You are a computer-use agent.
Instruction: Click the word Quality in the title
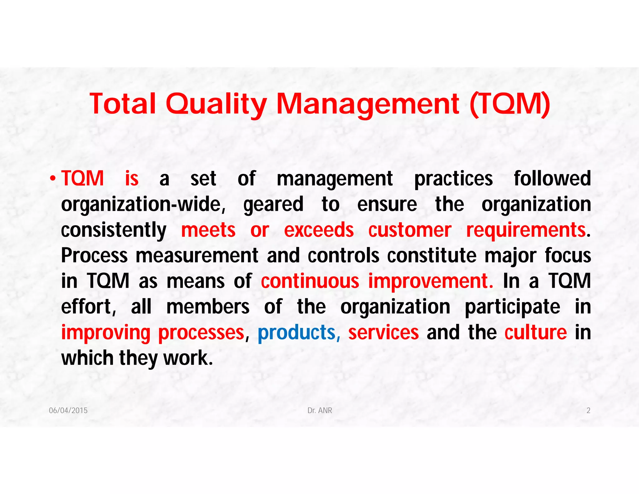[216, 104]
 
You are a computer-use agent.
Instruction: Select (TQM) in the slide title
[510, 104]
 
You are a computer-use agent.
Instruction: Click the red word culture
[535, 332]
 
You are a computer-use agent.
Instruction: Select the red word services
[383, 332]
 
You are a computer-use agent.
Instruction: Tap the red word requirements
[526, 230]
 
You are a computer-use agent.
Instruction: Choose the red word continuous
[310, 281]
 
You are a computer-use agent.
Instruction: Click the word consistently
[114, 230]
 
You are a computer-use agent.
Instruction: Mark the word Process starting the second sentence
[94, 256]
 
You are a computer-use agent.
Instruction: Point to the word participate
[512, 307]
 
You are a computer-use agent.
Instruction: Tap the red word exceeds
[319, 230]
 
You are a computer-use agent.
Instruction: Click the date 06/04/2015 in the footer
[68, 410]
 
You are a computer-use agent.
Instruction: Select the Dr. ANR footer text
[320, 410]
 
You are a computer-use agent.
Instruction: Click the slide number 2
[588, 410]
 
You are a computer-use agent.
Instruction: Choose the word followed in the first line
[552, 179]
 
